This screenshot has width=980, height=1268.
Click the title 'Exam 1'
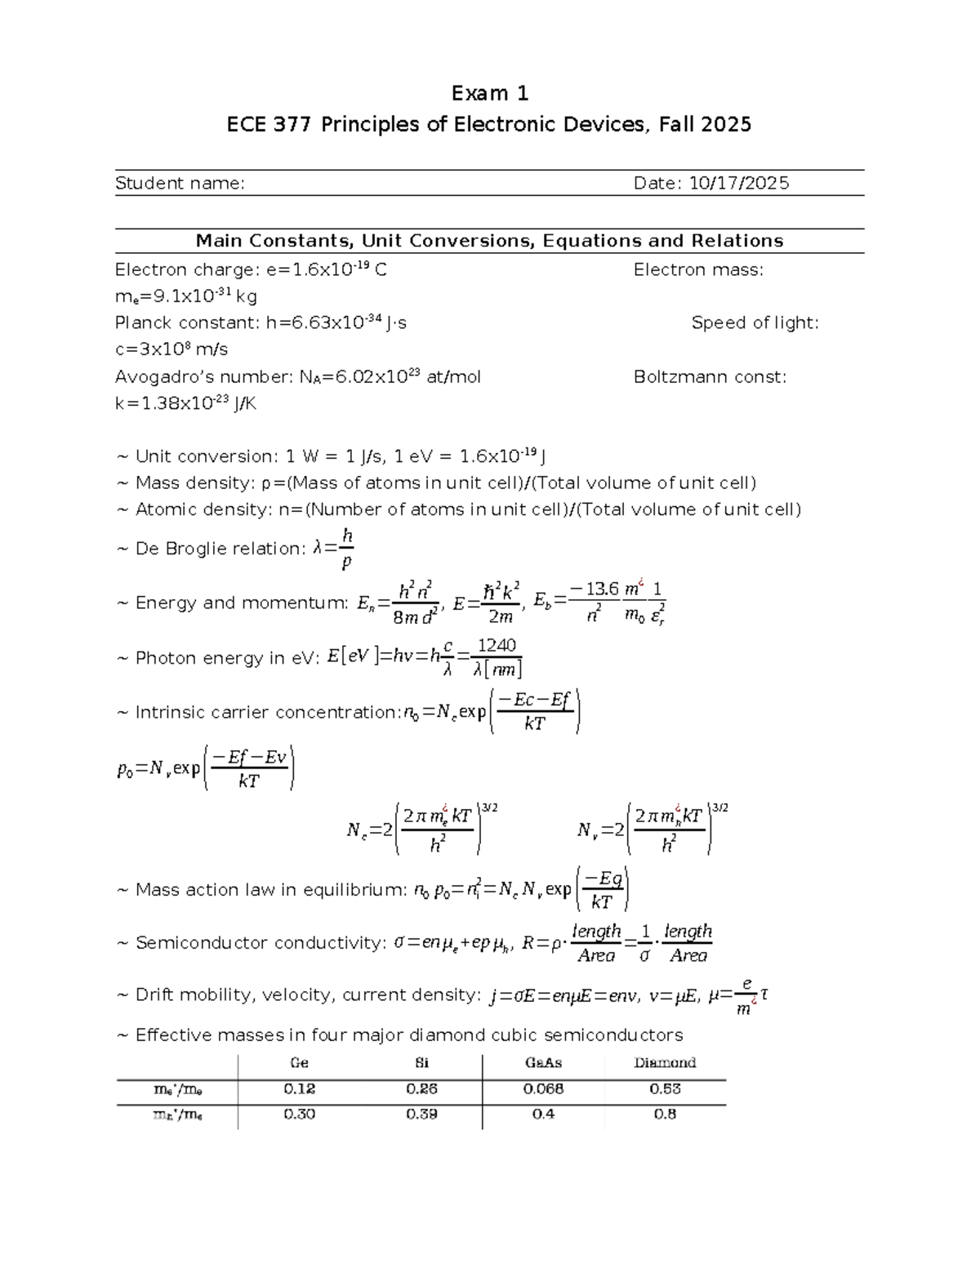click(490, 94)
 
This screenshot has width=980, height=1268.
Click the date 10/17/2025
click(739, 183)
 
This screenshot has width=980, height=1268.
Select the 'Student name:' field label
click(180, 183)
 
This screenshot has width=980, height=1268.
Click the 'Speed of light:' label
click(755, 323)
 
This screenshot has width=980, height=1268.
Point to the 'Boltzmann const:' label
click(710, 377)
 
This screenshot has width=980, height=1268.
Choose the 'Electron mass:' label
click(698, 270)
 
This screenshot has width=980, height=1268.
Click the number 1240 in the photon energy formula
click(497, 646)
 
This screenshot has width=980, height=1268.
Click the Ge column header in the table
click(299, 1063)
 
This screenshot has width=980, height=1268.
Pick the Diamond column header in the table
click(665, 1063)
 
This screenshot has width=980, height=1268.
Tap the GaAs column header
click(543, 1063)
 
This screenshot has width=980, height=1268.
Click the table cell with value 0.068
click(543, 1089)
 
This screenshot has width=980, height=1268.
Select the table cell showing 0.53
click(665, 1089)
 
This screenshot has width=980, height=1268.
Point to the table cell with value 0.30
click(299, 1115)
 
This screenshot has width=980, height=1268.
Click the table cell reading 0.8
click(665, 1115)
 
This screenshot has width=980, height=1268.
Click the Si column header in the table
click(421, 1063)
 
